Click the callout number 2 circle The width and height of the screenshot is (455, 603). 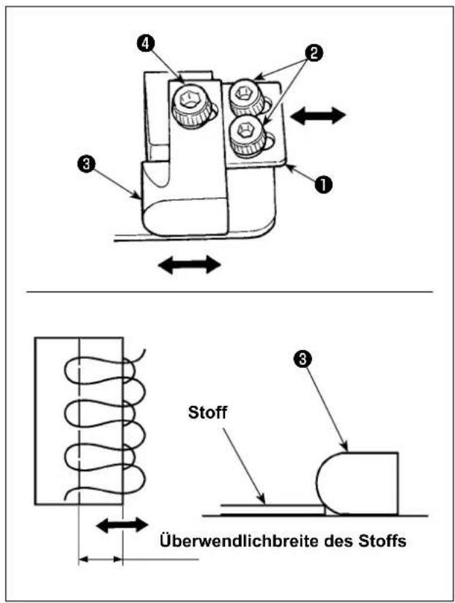point(314,53)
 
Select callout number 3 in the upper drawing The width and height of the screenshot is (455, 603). point(86,164)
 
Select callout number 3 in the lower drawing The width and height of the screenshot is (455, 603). point(302,359)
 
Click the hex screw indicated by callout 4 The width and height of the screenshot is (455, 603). point(191,105)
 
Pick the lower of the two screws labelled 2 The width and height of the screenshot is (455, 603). point(246,137)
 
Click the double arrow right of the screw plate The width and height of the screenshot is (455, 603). point(318,116)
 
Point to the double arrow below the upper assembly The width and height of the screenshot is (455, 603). point(189,264)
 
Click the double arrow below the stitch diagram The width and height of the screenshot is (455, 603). point(122,525)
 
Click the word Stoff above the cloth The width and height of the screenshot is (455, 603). point(207,413)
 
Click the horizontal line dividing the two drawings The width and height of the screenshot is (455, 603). point(229,292)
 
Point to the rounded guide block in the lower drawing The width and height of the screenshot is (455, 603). point(358,484)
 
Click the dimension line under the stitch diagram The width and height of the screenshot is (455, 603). point(100,559)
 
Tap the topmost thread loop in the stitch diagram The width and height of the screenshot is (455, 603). point(99,371)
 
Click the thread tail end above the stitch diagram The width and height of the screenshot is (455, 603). point(144,350)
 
